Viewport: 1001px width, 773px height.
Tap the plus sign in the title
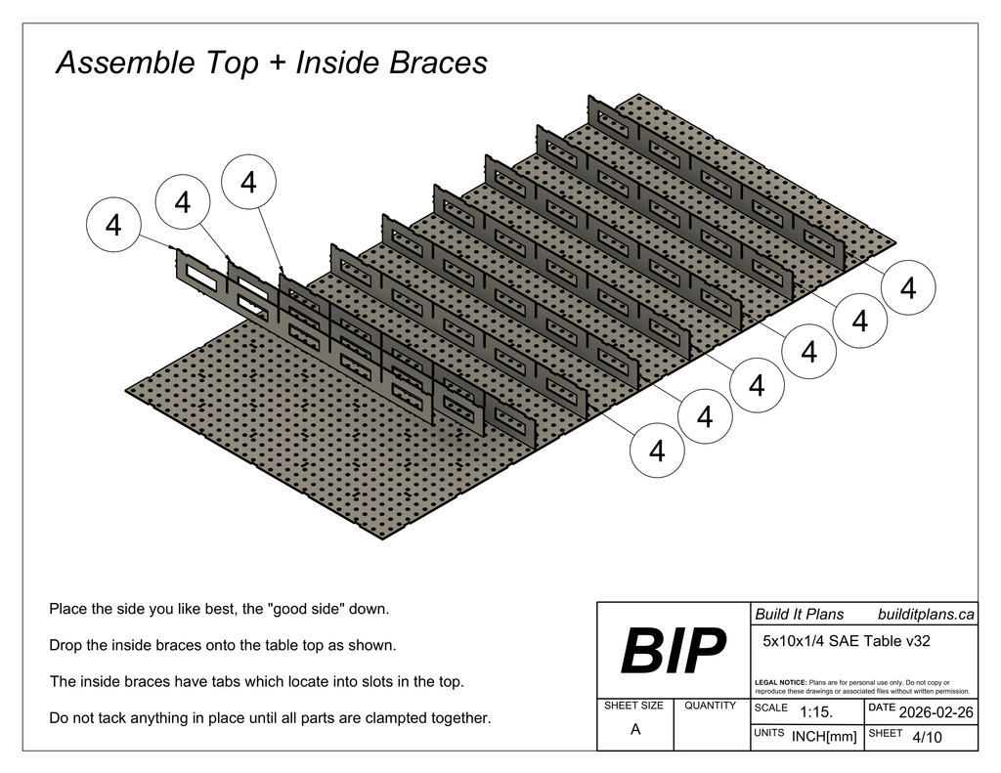(x=277, y=64)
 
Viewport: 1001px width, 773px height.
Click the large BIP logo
(x=674, y=651)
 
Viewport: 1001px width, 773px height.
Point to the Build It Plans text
(x=799, y=614)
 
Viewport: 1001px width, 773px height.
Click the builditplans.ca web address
(x=926, y=614)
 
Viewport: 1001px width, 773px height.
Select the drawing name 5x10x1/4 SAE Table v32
(x=845, y=642)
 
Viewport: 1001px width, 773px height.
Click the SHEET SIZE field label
(x=633, y=706)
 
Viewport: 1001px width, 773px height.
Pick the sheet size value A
(x=635, y=729)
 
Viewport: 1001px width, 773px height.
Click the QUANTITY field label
(x=710, y=706)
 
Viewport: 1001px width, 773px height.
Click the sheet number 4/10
(x=926, y=737)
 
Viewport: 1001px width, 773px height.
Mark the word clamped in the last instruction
(x=398, y=718)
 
